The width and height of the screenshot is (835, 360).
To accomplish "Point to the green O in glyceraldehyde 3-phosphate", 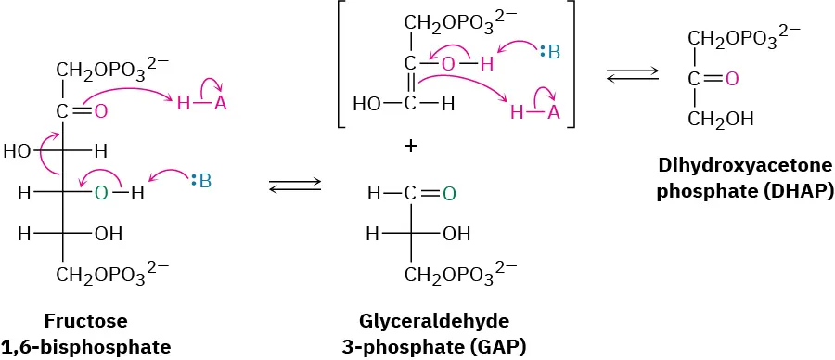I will (x=449, y=194).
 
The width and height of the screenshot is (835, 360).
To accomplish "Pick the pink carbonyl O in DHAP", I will (x=731, y=79).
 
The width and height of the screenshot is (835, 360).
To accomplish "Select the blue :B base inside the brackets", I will (x=550, y=53).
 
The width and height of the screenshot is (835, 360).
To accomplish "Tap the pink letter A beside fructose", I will (x=220, y=104).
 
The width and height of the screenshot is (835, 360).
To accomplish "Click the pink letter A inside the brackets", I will (x=553, y=112).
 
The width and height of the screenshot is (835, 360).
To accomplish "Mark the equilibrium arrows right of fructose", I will (x=293, y=188).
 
